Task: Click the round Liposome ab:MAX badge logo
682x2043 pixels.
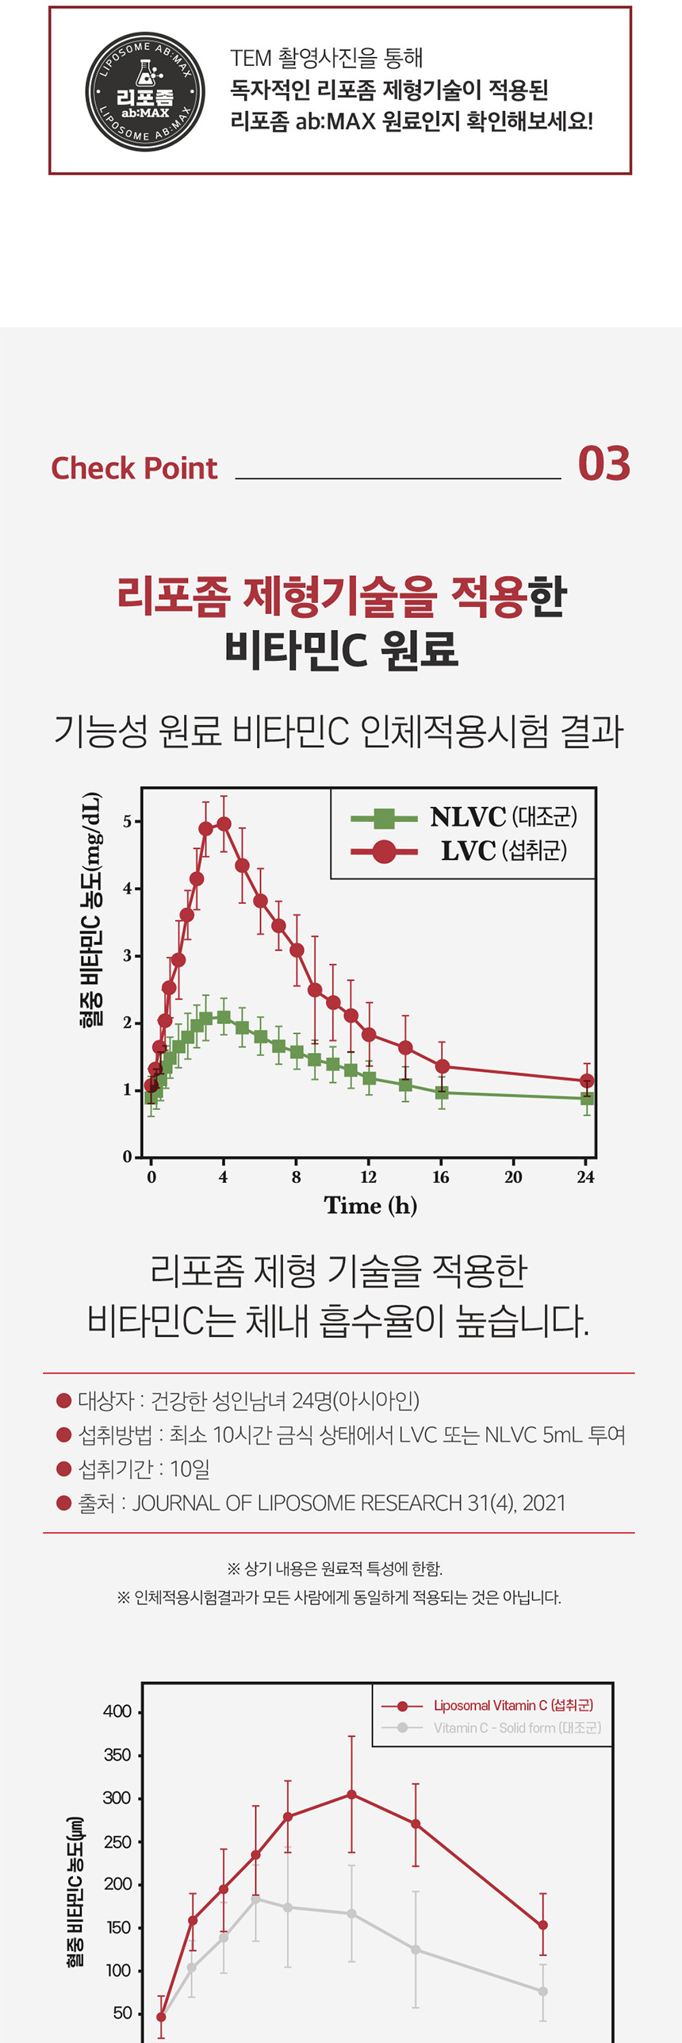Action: pos(144,91)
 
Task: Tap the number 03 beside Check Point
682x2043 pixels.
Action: pos(603,464)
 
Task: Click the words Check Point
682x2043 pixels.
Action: pos(134,468)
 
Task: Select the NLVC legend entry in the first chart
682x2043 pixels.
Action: pos(464,817)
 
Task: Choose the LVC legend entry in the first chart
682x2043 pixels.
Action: pos(464,851)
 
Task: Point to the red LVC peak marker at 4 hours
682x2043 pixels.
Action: pos(224,824)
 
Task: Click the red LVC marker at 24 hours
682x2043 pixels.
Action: pos(587,1081)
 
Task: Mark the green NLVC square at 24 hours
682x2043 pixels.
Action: pos(587,1099)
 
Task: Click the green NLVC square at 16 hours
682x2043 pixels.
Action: pos(442,1093)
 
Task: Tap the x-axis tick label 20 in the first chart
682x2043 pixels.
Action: pos(513,1177)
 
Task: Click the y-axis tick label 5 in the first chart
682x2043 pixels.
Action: pos(127,821)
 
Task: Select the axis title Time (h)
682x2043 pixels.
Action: pos(370,1206)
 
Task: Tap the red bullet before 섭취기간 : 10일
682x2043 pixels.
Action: pos(64,1469)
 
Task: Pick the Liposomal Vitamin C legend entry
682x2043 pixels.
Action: pos(487,1706)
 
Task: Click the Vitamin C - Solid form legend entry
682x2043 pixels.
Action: pos(492,1728)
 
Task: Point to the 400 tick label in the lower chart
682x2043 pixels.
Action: pos(117,1712)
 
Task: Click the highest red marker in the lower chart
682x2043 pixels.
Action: pos(351,1795)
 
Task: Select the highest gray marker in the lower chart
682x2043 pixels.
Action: pos(255,1899)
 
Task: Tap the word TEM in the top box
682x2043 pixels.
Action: pos(251,58)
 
